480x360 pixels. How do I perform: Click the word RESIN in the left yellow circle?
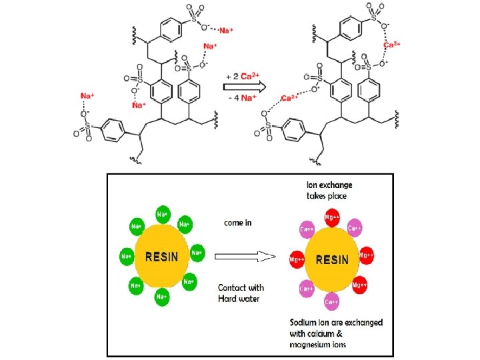click(161, 255)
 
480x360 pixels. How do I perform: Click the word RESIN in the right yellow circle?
click(331, 259)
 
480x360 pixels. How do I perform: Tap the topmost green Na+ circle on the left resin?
click(162, 214)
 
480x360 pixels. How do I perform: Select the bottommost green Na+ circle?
click(161, 295)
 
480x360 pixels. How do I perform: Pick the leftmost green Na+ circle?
click(125, 255)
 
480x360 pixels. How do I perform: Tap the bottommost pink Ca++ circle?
click(331, 302)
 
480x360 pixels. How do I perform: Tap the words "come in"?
click(237, 223)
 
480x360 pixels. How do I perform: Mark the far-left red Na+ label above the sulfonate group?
click(85, 96)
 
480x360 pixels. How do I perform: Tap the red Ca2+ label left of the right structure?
click(289, 98)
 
